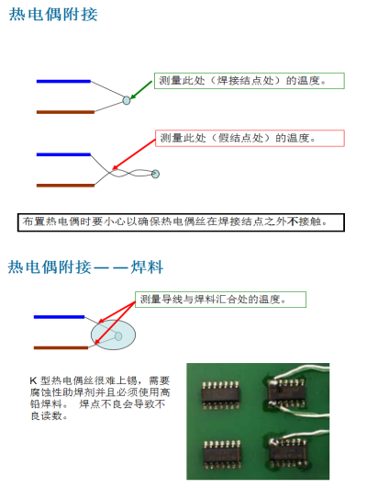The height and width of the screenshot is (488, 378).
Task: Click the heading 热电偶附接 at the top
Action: tap(53, 15)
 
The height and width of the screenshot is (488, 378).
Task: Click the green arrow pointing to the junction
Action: tap(141, 90)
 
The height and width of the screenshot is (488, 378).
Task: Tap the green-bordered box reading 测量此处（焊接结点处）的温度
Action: tap(250, 81)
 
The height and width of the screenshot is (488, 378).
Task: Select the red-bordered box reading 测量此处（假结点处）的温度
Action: tap(250, 138)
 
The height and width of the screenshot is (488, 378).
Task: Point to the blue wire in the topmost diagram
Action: tap(63, 82)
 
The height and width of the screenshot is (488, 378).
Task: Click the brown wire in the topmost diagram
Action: tap(65, 112)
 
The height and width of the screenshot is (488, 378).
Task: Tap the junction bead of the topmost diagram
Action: tap(127, 100)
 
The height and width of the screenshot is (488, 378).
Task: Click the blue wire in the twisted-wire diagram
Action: tap(63, 154)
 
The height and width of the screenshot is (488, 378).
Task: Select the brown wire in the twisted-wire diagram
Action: tap(65, 186)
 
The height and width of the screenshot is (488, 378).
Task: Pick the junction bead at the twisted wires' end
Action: tap(155, 174)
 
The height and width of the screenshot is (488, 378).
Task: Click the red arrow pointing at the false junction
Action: tap(134, 154)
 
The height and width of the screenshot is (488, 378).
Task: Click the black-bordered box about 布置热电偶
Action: tap(181, 222)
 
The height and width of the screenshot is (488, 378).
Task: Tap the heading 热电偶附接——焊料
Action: tap(85, 267)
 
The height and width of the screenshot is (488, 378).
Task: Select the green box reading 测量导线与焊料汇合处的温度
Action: tap(220, 300)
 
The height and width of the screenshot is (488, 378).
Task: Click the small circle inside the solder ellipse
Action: tap(118, 336)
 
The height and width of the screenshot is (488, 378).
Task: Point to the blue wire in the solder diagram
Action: tap(59, 317)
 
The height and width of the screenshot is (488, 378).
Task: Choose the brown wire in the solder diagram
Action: tap(61, 347)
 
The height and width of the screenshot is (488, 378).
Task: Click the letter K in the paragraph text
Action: tap(34, 380)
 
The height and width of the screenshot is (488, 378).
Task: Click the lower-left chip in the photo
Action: tap(222, 454)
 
